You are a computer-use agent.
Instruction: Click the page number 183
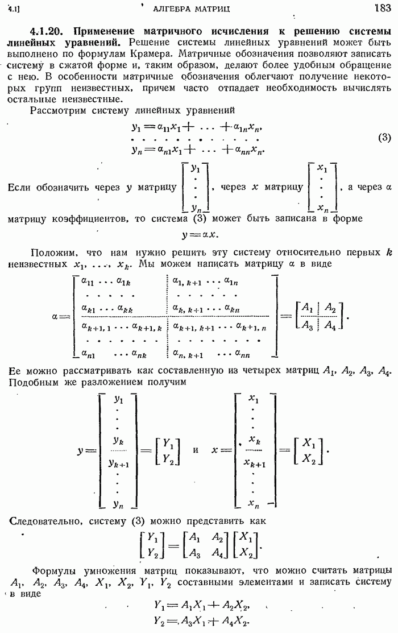pos(383,7)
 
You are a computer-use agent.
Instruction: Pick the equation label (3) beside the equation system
pos(384,138)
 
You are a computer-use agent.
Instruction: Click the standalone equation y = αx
pos(200,234)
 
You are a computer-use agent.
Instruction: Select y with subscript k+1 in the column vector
pos(119,463)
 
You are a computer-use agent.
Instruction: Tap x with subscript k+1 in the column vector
pos(254,463)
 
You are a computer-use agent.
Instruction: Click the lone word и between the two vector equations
pos(196,450)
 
